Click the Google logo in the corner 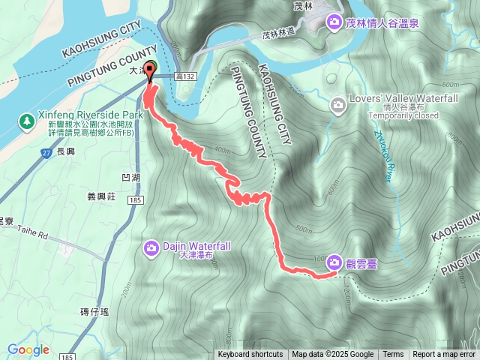[x=28, y=349]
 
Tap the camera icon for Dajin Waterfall [x=151, y=247]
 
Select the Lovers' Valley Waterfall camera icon [x=339, y=103]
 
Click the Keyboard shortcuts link [x=250, y=355]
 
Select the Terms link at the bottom [x=393, y=355]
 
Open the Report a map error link [x=444, y=355]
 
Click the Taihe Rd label [x=31, y=234]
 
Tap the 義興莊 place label [x=99, y=196]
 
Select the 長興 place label [x=65, y=151]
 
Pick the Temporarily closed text [x=403, y=116]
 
